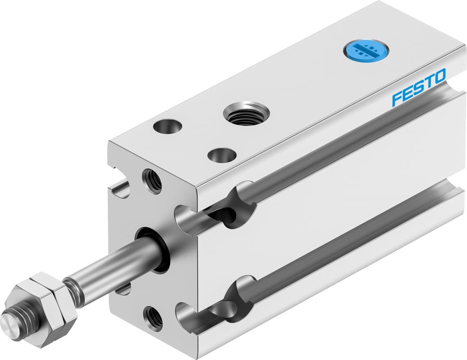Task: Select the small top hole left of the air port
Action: (x=168, y=126)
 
